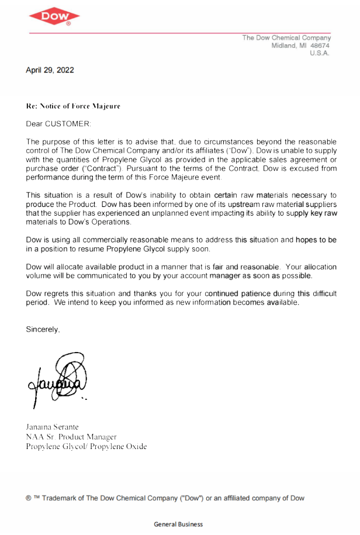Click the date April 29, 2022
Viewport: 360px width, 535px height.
click(x=50, y=70)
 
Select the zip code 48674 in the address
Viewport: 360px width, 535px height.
click(x=320, y=46)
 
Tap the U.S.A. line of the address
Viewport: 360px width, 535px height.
click(x=319, y=53)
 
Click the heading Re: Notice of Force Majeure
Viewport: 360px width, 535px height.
click(x=73, y=106)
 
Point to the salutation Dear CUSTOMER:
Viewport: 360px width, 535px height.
click(x=58, y=124)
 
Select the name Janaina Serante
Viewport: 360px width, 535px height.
click(x=52, y=427)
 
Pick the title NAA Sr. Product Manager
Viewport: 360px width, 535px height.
click(x=71, y=437)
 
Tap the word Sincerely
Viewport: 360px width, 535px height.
click(x=42, y=329)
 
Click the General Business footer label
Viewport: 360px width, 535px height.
click(x=178, y=524)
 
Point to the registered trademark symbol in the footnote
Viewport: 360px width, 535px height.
click(x=29, y=498)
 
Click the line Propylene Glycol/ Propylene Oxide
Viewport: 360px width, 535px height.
click(x=86, y=446)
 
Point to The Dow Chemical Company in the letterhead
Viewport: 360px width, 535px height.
click(x=286, y=38)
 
